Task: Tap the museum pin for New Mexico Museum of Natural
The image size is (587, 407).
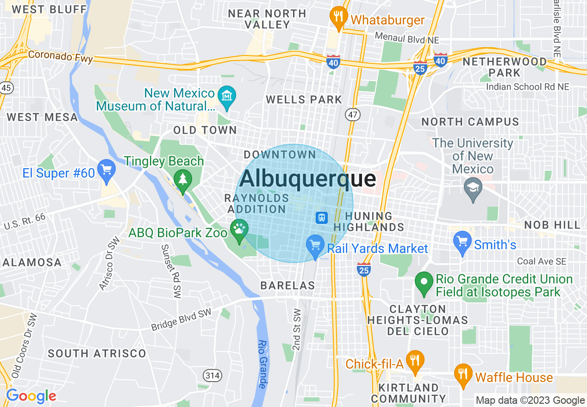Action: (227, 97)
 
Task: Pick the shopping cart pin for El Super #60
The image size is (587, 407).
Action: (106, 169)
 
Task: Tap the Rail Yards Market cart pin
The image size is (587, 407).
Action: (315, 245)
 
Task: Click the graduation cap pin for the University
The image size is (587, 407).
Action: (473, 189)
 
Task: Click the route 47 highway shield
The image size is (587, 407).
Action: (353, 114)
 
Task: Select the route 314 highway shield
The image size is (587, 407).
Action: (213, 375)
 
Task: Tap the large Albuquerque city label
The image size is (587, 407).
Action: (308, 179)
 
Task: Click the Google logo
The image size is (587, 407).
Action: (31, 396)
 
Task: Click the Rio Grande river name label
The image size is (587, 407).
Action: (262, 364)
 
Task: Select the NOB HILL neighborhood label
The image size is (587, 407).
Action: (552, 225)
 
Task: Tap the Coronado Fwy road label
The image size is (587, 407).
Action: (60, 56)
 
